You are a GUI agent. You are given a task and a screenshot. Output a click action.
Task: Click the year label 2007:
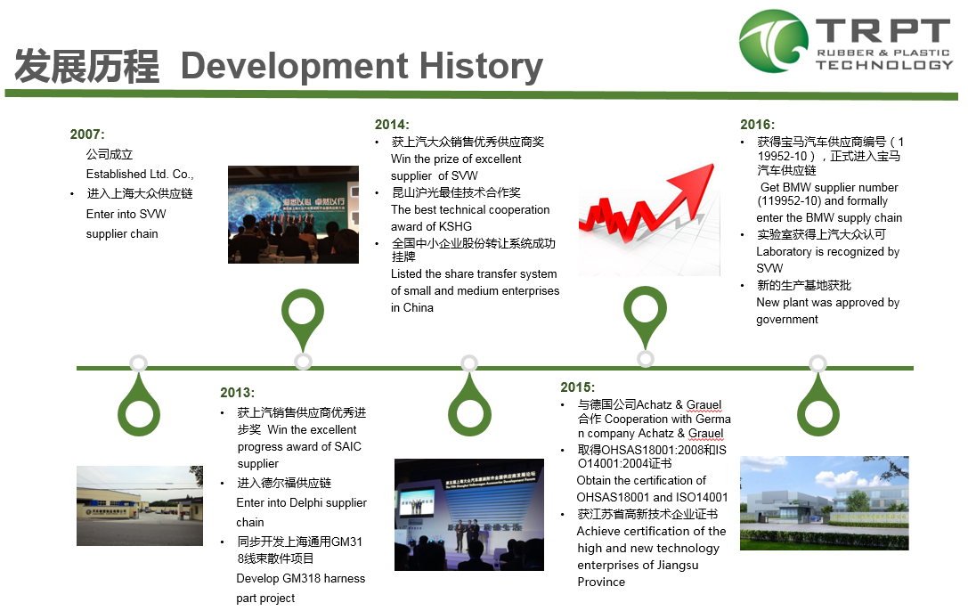(87, 134)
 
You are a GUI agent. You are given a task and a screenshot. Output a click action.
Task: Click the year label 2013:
(237, 393)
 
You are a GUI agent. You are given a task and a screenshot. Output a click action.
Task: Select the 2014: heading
(392, 125)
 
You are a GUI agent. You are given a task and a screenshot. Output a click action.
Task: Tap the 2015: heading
(577, 387)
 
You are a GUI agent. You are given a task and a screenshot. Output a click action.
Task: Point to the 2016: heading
(758, 125)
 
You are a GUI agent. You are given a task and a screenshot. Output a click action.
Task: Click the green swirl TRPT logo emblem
(773, 41)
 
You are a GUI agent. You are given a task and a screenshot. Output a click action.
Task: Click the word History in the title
(482, 67)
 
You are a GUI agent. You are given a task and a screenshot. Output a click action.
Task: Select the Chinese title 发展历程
(86, 66)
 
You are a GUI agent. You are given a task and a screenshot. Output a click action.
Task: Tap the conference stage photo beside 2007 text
(293, 215)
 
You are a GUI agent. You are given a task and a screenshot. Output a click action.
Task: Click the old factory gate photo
(140, 506)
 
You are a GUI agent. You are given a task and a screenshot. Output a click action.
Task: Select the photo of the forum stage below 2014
(469, 515)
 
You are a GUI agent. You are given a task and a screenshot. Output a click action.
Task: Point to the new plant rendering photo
(824, 503)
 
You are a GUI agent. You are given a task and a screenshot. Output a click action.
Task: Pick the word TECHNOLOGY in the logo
(884, 65)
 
